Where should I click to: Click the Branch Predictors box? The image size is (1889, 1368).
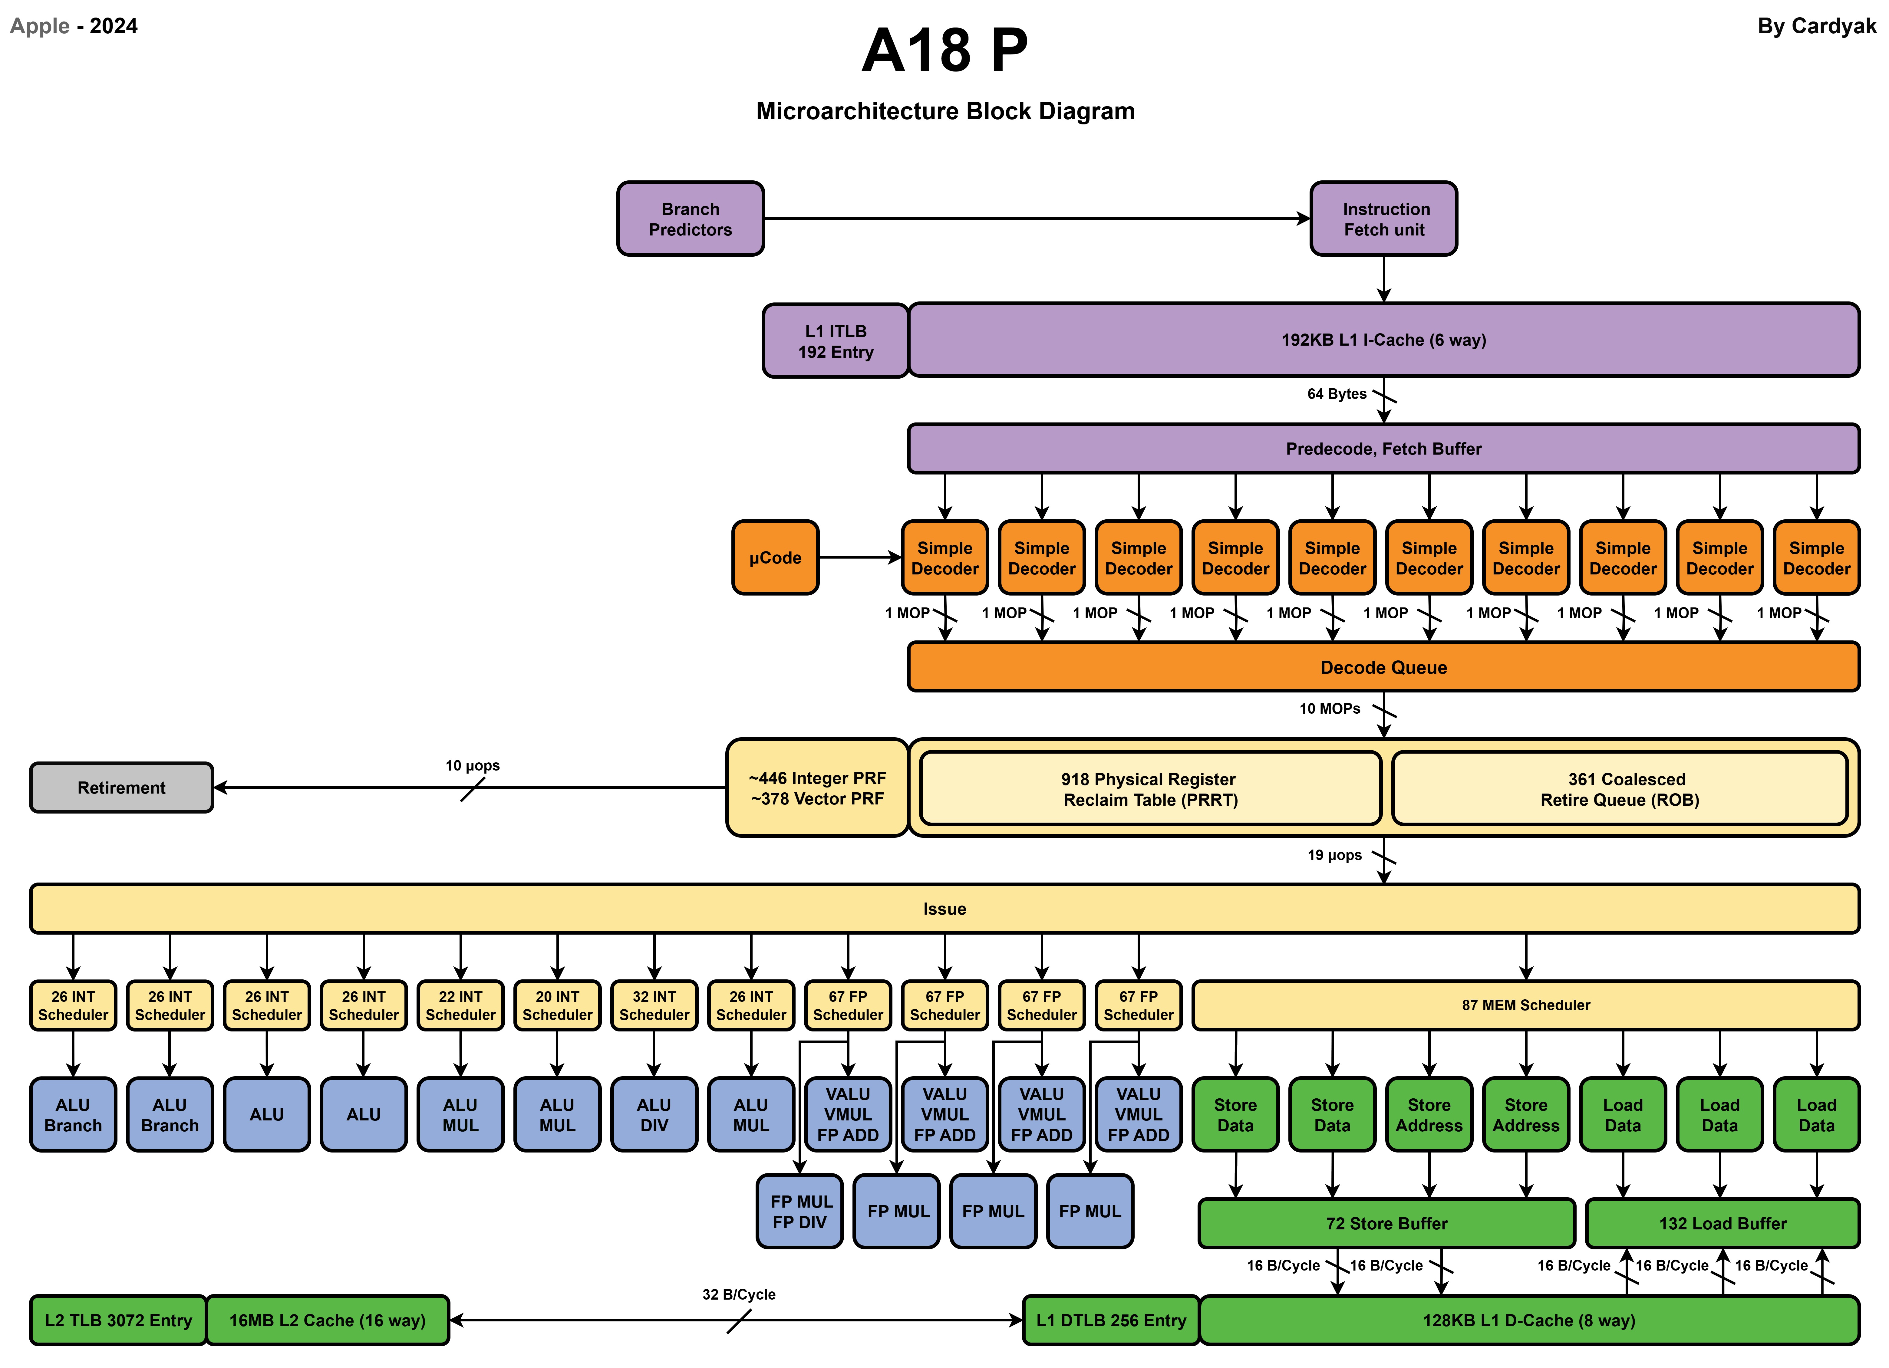point(691,219)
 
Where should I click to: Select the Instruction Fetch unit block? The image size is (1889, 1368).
point(1383,219)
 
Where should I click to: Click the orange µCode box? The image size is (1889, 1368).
point(775,558)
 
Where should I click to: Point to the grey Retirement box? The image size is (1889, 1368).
point(122,788)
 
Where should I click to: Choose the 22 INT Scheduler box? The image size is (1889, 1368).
point(460,1006)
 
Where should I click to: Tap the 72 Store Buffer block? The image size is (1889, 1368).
point(1387,1223)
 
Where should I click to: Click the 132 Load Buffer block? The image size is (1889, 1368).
point(1723,1223)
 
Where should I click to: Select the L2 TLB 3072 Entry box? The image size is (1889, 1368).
point(118,1320)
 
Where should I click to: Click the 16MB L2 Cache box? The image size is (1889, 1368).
point(327,1320)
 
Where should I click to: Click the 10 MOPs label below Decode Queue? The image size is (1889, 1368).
point(1329,709)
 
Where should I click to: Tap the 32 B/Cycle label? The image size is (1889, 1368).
point(739,1295)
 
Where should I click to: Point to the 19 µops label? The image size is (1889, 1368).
point(1334,855)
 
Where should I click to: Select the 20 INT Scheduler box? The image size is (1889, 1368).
point(557,1006)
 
